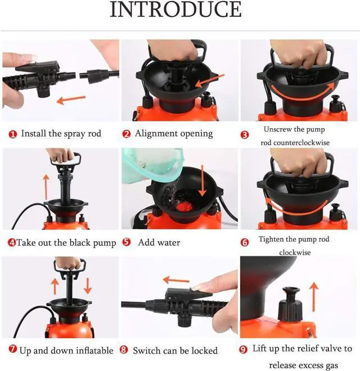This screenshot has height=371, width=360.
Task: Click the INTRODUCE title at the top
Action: (175, 11)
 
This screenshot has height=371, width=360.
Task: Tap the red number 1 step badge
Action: (12, 134)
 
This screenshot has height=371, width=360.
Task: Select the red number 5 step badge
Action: (127, 242)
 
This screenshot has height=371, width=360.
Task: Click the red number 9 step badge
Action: (243, 349)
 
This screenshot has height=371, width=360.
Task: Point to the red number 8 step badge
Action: (124, 350)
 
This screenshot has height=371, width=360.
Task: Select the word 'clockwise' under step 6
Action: (295, 252)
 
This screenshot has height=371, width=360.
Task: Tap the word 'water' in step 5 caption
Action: (168, 242)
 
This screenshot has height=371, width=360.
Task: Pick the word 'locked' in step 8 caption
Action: (203, 350)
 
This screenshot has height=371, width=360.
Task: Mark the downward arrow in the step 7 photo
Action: (88, 286)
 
